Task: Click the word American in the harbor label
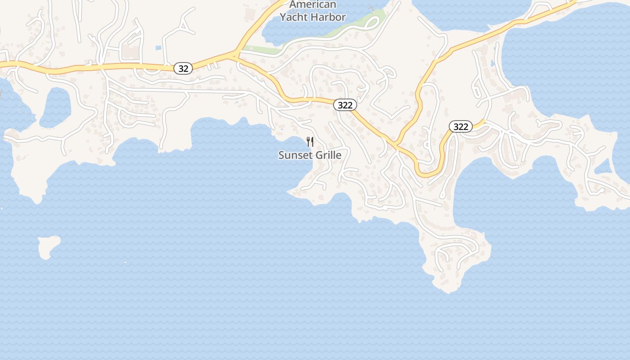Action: (313, 5)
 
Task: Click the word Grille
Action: (327, 155)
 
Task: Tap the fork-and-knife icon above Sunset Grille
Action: (310, 142)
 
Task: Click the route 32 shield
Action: (183, 69)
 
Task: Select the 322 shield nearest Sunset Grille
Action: (345, 105)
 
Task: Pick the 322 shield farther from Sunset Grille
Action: (461, 127)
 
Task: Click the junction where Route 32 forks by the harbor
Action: (235, 56)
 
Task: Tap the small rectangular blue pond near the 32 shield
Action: (158, 47)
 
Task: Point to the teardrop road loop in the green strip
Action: (374, 22)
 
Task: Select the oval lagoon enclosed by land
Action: (56, 107)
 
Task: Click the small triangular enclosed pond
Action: (603, 168)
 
